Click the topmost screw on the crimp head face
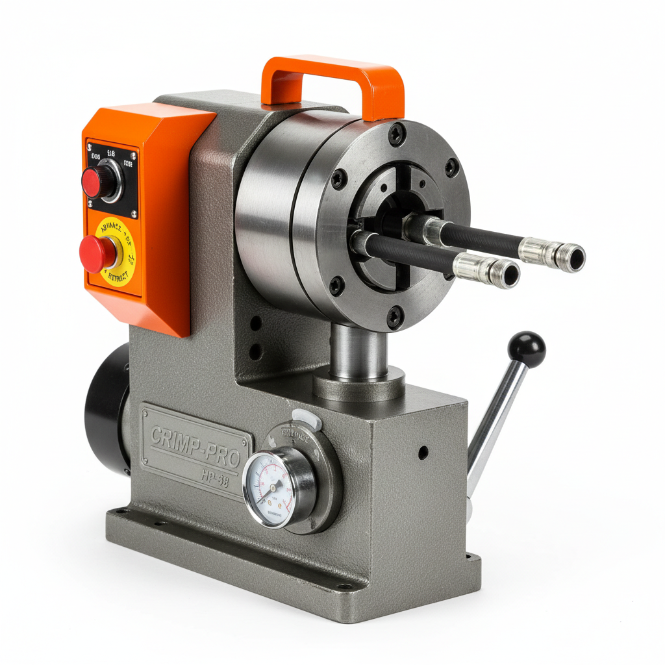point(397,134)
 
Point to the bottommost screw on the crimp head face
point(394,318)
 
